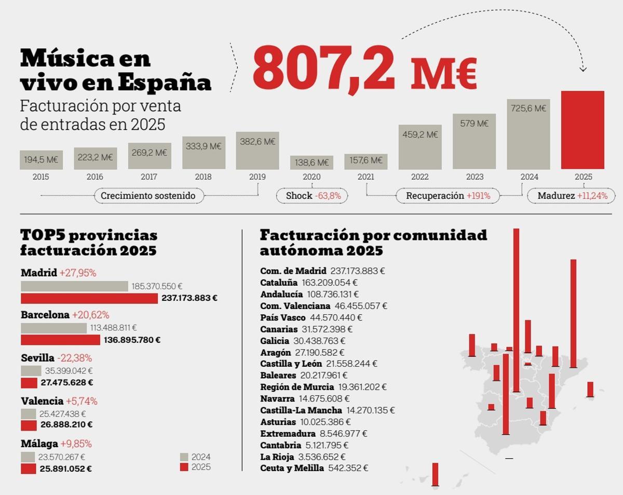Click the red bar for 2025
click(x=583, y=130)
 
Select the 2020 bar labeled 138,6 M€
click(x=311, y=163)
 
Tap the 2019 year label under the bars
click(x=258, y=177)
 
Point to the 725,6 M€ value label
click(x=529, y=109)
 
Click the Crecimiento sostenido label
click(x=148, y=196)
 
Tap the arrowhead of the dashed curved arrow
click(x=583, y=69)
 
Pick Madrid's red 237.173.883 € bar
click(x=89, y=299)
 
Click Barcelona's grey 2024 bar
click(x=53, y=328)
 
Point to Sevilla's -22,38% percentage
click(x=74, y=358)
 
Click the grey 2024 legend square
click(x=184, y=457)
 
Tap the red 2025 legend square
click(x=184, y=467)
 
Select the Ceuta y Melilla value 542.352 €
click(x=348, y=468)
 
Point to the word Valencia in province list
click(x=42, y=401)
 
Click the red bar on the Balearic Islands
click(x=590, y=389)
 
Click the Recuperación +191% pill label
click(x=447, y=196)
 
